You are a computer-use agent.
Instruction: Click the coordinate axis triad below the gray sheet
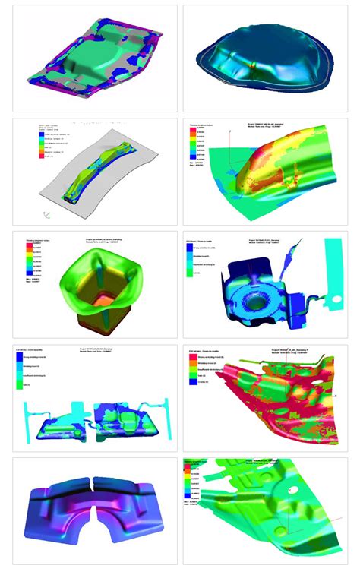point(47,216)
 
